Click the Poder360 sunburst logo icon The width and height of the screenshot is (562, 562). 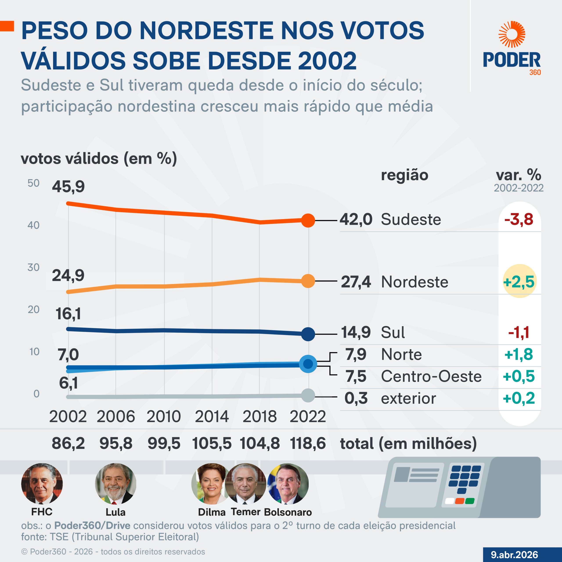pos(512,34)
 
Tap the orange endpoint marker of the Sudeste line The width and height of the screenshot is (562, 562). pos(308,220)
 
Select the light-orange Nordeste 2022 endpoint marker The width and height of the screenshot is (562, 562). pos(308,281)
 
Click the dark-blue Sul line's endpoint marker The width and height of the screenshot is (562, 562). pos(308,334)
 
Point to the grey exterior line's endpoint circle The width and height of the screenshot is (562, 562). pos(308,395)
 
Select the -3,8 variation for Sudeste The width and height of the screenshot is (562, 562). pos(519,219)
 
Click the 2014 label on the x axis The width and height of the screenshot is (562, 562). pos(212,416)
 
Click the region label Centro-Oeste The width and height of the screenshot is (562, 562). pos(431,376)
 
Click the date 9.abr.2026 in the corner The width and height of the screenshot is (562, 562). pos(514,555)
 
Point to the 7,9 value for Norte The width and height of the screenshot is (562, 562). pos(356,354)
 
